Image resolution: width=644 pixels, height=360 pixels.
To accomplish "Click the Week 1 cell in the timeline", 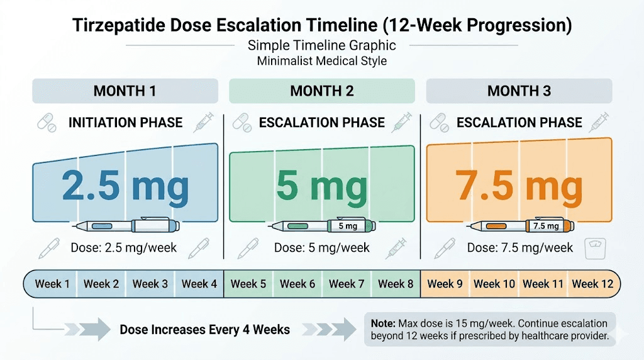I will click(52, 284).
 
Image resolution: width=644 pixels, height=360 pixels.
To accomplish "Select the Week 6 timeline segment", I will click(297, 284).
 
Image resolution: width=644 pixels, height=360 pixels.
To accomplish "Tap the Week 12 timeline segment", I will click(592, 284).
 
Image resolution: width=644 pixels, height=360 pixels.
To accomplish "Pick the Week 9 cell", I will click(445, 284).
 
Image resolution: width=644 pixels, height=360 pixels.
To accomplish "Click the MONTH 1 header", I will click(125, 91).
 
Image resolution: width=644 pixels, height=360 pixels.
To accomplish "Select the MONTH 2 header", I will click(321, 91).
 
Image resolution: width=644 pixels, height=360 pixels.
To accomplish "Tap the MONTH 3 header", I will click(519, 91).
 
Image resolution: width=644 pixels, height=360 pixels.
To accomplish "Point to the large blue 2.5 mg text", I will click(125, 185).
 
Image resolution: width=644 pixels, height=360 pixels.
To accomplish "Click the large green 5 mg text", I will click(321, 185).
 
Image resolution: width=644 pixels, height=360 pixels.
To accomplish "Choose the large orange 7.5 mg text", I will click(519, 185).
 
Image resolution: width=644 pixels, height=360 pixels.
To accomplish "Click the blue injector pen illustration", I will click(126, 225).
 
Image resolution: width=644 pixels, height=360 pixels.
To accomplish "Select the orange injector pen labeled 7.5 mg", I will click(519, 225).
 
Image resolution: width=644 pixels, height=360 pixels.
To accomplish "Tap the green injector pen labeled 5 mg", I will click(322, 225).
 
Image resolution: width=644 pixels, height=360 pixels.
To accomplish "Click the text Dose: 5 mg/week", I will click(322, 247).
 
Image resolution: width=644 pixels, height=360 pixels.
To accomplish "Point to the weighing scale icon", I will click(596, 249).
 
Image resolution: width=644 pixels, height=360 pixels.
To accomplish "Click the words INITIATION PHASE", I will click(125, 122).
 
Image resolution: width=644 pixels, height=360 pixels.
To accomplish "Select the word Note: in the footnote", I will click(382, 323).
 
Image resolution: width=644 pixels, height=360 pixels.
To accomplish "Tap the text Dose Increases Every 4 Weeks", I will click(205, 329).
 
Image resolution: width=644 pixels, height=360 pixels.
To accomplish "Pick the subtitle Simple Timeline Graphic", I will click(321, 45).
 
